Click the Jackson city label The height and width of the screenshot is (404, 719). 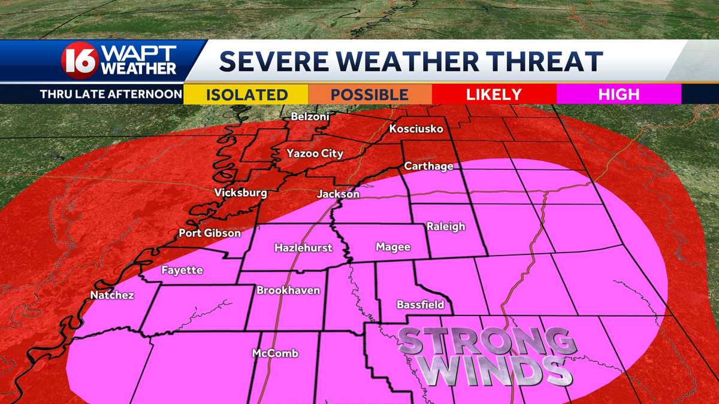(338, 194)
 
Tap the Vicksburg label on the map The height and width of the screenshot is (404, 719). (241, 193)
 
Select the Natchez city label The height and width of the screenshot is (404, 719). (112, 295)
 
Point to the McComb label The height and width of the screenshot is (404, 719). (275, 353)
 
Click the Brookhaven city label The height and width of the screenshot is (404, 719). (288, 290)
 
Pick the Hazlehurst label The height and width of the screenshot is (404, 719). (303, 247)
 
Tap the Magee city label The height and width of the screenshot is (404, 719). (393, 247)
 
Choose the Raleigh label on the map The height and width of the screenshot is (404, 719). (446, 226)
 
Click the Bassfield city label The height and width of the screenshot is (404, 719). (421, 304)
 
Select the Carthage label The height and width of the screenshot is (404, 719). (428, 166)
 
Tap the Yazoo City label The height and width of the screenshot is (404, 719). (315, 153)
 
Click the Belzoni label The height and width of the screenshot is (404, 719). (310, 117)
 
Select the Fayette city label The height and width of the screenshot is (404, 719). (182, 270)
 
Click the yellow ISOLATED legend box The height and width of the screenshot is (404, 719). (246, 94)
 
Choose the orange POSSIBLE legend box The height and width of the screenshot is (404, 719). (370, 94)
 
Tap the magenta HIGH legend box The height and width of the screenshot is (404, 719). (618, 94)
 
